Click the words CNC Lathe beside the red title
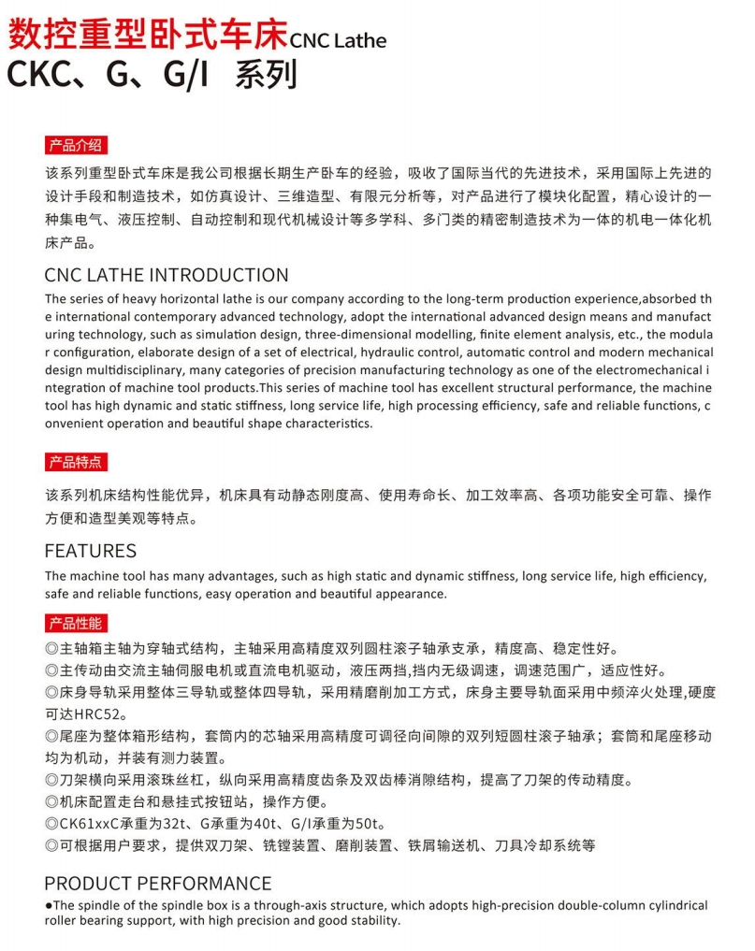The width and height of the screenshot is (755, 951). [338, 40]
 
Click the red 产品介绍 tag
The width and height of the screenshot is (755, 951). [75, 145]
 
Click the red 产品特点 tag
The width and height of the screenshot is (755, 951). [75, 462]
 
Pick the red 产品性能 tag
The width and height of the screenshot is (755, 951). [75, 624]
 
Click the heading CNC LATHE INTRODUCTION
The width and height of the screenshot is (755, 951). [167, 276]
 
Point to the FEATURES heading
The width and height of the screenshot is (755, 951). [91, 551]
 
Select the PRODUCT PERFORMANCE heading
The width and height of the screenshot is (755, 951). [158, 884]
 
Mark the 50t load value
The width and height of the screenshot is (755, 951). [370, 824]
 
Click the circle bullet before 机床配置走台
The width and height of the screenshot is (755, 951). [51, 802]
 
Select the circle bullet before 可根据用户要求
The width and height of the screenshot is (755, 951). [51, 846]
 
